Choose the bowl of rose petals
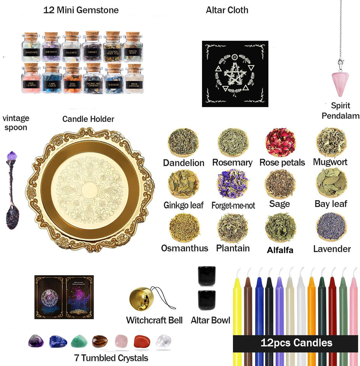click(280, 142)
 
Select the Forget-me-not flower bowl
click(232, 184)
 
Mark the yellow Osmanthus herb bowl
click(184, 228)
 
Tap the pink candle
click(354, 305)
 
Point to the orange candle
click(311, 305)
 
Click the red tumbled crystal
click(142, 340)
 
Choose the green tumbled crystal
click(79, 340)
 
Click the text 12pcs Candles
click(296, 342)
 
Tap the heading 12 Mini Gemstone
click(81, 10)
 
